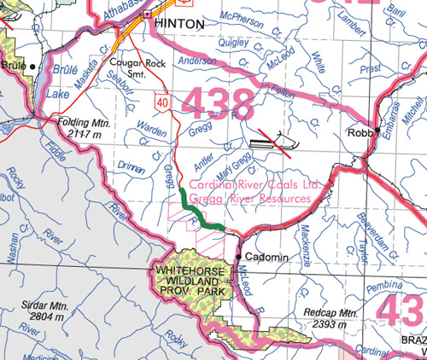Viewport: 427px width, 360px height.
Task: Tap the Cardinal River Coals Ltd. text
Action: coord(254,183)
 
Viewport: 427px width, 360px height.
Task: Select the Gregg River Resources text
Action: coord(250,198)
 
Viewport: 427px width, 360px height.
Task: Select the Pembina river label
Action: coord(376,290)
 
